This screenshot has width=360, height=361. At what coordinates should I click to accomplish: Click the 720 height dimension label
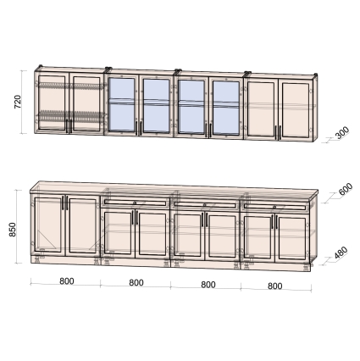[x=18, y=102]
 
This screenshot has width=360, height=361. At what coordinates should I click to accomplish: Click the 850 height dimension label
[x=13, y=230]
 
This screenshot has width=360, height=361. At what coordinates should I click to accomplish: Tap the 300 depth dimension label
[x=342, y=133]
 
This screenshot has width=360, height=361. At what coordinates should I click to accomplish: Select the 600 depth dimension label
[x=346, y=189]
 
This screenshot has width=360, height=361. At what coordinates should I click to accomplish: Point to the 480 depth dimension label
[x=341, y=253]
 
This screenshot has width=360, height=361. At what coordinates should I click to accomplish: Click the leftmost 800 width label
[x=67, y=281]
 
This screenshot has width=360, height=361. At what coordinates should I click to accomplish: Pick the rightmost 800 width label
[x=274, y=286]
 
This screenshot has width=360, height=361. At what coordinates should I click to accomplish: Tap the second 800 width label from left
[x=136, y=283]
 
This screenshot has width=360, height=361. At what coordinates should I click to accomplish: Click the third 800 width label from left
[x=208, y=285]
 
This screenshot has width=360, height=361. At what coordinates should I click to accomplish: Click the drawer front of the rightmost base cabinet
[x=275, y=207]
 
